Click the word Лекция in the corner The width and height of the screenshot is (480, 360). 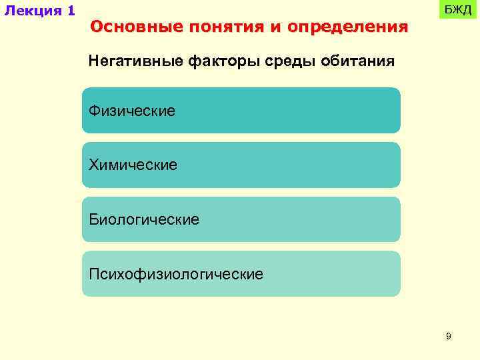[31, 11]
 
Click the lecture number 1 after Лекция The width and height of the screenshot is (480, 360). [71, 11]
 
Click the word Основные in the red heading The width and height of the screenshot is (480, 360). [135, 27]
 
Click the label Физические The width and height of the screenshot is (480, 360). [132, 110]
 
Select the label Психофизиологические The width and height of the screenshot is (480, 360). [176, 273]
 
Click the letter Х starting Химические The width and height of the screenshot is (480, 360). [94, 164]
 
